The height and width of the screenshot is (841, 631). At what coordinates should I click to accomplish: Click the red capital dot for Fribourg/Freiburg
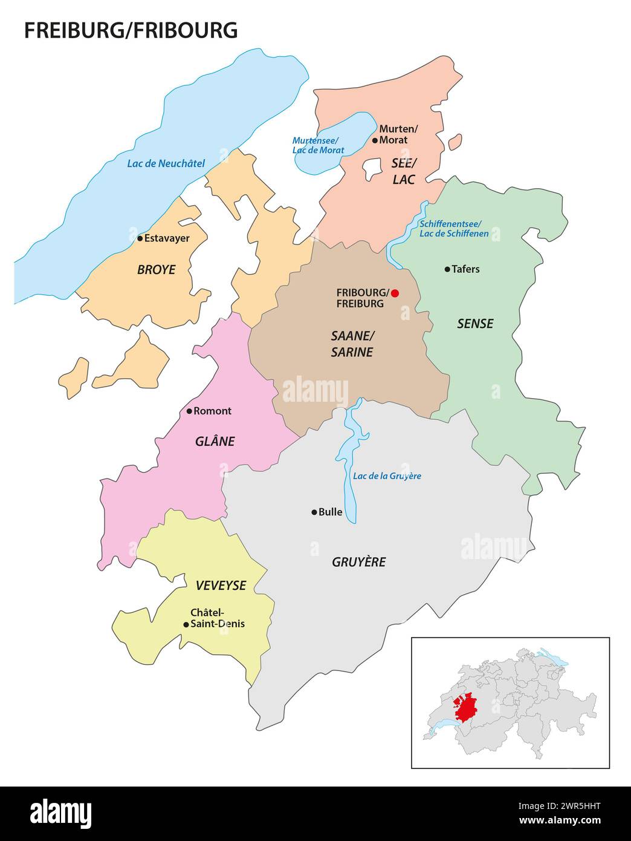click(x=395, y=293)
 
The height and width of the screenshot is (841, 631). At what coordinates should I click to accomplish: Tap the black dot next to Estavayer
click(x=140, y=238)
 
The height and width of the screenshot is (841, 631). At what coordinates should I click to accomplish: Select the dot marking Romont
click(x=189, y=411)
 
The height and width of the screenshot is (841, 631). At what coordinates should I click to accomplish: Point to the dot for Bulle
click(x=314, y=512)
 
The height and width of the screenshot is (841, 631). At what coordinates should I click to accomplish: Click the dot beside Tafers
click(x=447, y=269)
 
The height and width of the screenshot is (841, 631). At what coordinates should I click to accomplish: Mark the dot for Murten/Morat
click(x=375, y=140)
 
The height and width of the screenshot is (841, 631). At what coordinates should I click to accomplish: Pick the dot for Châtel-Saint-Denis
click(x=186, y=624)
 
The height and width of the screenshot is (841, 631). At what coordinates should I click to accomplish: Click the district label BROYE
click(x=156, y=270)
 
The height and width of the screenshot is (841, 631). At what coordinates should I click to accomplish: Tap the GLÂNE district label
click(x=215, y=442)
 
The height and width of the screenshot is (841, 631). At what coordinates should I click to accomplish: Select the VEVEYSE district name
click(x=221, y=585)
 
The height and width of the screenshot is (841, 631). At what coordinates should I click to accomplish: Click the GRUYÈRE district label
click(x=358, y=562)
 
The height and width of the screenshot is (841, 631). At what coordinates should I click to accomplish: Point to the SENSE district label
click(x=475, y=324)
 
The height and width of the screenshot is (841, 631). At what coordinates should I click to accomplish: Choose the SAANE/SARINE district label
click(x=352, y=344)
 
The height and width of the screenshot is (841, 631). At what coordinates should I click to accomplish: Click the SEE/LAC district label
click(x=404, y=172)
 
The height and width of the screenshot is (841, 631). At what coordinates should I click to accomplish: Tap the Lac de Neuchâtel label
click(x=166, y=163)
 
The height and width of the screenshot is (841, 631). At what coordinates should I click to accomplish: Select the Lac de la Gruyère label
click(x=387, y=476)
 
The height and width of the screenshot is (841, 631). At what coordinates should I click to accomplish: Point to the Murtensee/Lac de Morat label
click(x=318, y=145)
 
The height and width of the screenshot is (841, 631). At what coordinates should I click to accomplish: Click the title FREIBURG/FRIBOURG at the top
click(x=131, y=30)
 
